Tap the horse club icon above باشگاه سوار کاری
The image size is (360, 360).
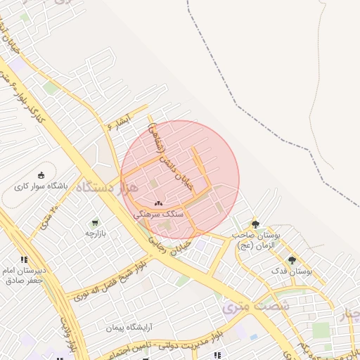point(41,175)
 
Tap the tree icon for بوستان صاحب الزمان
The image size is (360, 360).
point(255,224)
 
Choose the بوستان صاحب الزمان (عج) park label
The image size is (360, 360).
point(256,240)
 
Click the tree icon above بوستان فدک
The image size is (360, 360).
point(292,260)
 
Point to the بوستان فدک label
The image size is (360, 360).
point(291,271)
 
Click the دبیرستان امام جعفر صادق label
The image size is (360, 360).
point(28,275)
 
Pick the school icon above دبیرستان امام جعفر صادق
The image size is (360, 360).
point(25,259)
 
